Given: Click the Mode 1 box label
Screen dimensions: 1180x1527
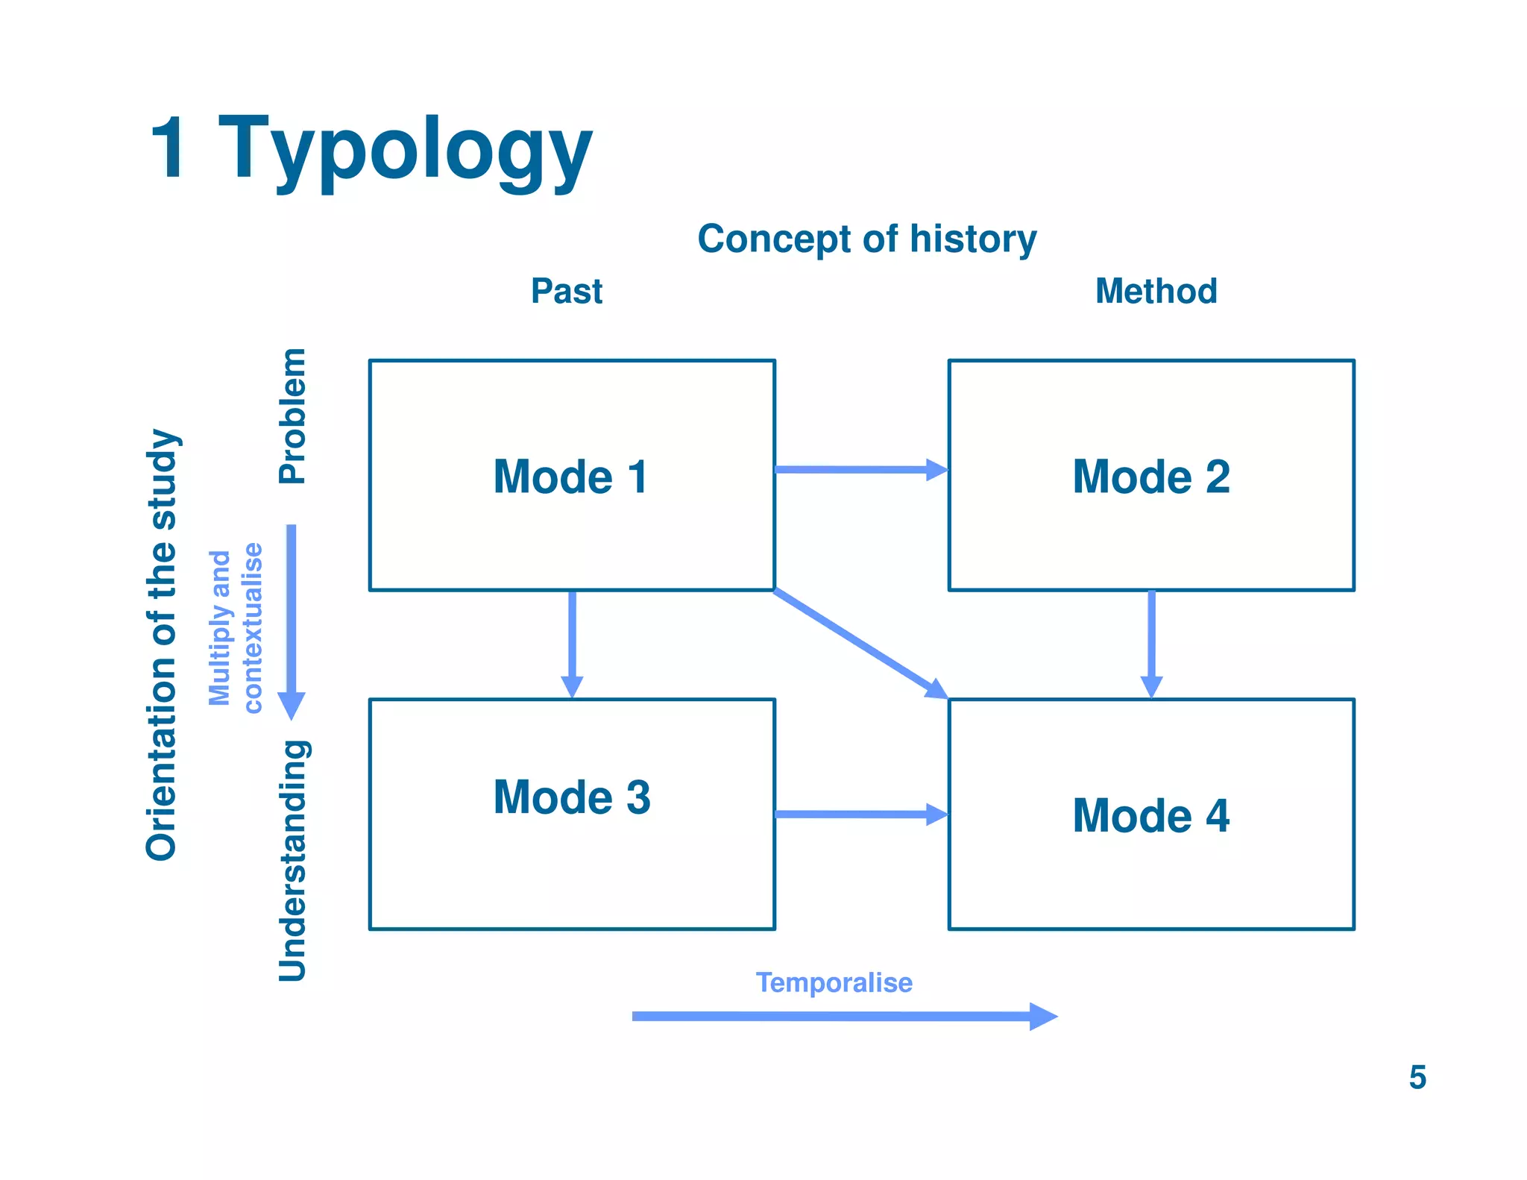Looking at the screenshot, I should point(571,477).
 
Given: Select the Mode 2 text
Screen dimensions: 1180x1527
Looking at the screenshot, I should point(1150,477).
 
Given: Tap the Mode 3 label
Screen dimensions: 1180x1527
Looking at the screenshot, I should point(571,797).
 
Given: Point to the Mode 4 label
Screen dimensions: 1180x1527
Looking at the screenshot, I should point(1150,815).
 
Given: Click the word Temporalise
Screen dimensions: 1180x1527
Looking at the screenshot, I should point(834,982).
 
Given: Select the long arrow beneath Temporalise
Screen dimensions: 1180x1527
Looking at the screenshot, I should point(843,1016).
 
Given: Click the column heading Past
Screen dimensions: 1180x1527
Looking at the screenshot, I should point(566,291).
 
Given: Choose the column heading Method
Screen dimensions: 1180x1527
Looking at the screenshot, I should point(1156,291).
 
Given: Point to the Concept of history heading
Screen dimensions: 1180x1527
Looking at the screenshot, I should point(866,239).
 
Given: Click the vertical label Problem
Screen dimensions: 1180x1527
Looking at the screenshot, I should point(292,415).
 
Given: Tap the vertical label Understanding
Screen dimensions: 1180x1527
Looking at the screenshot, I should point(292,860).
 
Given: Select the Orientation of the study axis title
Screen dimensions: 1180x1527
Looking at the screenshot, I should point(162,645).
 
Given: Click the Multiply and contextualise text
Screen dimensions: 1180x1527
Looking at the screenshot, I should point(236,628).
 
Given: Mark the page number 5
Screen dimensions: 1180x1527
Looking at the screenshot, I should point(1417,1077).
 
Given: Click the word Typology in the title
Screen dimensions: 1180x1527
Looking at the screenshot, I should point(405,149).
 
